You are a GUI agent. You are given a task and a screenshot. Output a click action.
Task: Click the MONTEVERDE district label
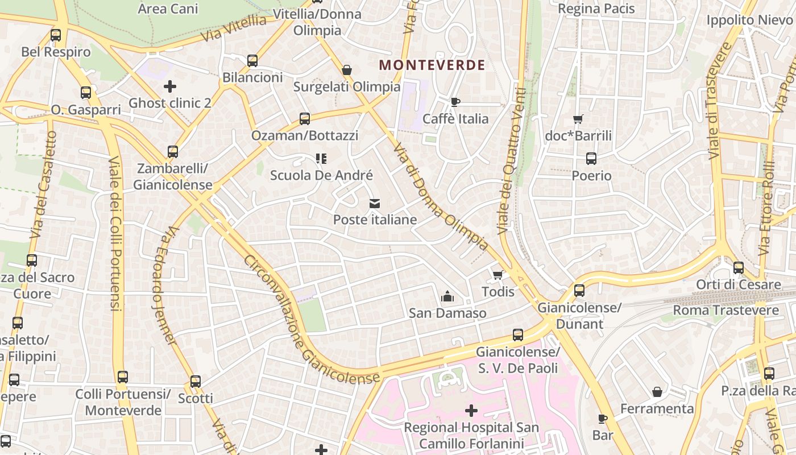(432, 65)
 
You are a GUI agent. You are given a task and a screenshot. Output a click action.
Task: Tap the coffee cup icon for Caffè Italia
(455, 102)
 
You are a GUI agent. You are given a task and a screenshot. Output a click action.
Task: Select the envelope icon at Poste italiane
(375, 203)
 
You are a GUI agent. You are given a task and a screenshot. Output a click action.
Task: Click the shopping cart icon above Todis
(498, 275)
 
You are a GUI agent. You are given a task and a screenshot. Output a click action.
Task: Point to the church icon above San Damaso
(447, 296)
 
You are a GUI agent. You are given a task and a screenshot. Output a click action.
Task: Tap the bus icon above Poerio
(591, 159)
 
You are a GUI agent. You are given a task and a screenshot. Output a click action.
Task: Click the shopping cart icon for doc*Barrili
(578, 119)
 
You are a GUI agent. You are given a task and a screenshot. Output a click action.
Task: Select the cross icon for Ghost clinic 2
(169, 86)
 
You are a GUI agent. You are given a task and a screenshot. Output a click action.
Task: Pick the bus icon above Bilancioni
(252, 61)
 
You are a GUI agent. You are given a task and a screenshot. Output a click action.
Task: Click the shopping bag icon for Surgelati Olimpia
(347, 70)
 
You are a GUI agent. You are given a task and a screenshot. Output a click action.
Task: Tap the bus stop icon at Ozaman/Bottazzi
(305, 119)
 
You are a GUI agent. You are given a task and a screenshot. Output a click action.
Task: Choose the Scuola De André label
(321, 175)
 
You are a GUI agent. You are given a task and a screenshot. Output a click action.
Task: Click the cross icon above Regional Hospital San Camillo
(471, 410)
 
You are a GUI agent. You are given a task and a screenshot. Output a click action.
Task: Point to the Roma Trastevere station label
(725, 310)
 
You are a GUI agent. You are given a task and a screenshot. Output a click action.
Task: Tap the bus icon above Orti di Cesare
(739, 268)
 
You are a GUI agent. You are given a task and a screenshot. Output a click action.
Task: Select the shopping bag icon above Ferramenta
(657, 392)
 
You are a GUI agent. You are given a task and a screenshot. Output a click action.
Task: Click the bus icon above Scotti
(196, 382)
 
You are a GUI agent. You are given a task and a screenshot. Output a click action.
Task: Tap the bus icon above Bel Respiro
(56, 35)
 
